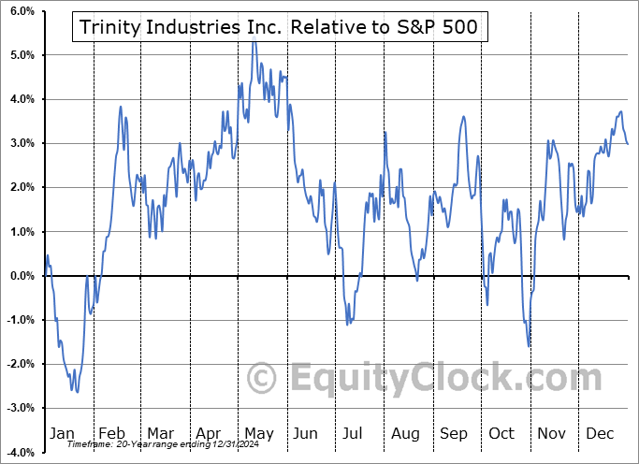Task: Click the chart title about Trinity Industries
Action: pyautogui.click(x=278, y=28)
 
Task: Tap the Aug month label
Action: pyautogui.click(x=406, y=433)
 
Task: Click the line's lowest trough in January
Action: pyautogui.click(x=77, y=392)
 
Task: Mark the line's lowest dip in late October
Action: pyautogui.click(x=530, y=346)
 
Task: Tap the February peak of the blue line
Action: pyautogui.click(x=121, y=107)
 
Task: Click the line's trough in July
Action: pyautogui.click(x=347, y=325)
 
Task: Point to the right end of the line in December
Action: pyautogui.click(x=627, y=143)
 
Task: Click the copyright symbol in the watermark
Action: pyautogui.click(x=262, y=379)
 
